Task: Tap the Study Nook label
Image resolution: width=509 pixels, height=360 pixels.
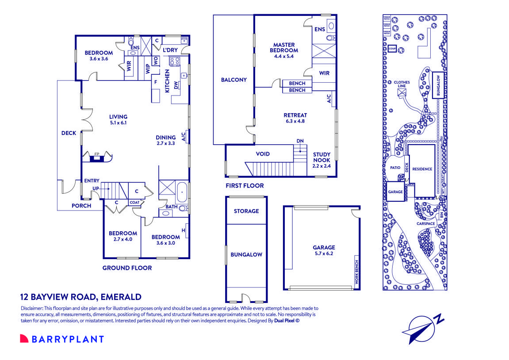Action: pos(321,157)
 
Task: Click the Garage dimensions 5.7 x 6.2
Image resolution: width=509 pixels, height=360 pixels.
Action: pos(324,254)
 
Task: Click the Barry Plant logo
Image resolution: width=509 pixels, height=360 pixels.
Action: pos(62,339)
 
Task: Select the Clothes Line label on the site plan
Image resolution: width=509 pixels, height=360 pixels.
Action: pos(402,84)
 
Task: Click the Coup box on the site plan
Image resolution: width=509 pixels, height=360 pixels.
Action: pos(392,49)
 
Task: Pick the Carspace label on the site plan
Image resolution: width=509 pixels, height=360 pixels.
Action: pos(426,224)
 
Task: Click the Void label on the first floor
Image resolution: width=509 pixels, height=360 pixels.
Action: pos(263,154)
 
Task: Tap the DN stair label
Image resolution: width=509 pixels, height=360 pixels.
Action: pos(300,141)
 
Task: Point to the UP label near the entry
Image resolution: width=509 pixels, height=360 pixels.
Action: pos(96,188)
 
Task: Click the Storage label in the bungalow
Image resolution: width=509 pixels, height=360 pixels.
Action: pos(246,211)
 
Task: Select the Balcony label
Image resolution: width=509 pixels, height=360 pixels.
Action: pos(233,80)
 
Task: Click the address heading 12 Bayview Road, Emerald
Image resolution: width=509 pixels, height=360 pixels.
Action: pos(81,297)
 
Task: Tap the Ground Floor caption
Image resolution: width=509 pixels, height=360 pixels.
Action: pos(127,268)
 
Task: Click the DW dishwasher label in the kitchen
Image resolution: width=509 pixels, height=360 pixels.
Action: pos(176,86)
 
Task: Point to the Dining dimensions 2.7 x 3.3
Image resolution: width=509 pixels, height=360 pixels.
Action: pos(166,143)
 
